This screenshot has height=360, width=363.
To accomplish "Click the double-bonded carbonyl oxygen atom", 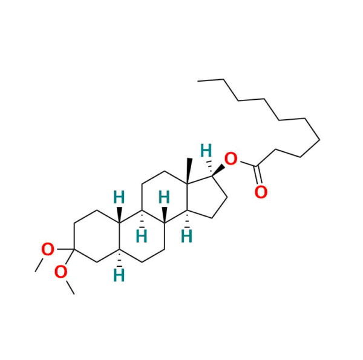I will tap(261, 192).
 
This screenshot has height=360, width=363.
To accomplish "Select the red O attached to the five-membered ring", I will tap(231, 160).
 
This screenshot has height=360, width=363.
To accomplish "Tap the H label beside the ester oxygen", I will tap(207, 149).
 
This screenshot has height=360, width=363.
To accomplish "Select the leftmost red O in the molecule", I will tap(47, 248).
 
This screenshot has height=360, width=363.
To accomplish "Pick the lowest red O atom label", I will tap(61, 272).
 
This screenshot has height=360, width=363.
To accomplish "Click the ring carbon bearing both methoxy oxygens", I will tap(74, 249).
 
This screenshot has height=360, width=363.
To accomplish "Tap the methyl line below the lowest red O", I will tap(71, 287).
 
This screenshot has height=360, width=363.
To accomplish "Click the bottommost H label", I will tap(120, 275).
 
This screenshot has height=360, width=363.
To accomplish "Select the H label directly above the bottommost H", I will tap(141, 235).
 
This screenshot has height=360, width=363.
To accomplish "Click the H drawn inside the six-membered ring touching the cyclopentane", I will tap(163, 197).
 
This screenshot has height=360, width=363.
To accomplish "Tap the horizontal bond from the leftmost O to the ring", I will tap(62, 249).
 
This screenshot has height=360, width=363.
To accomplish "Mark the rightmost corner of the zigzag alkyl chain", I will tap(319, 138).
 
